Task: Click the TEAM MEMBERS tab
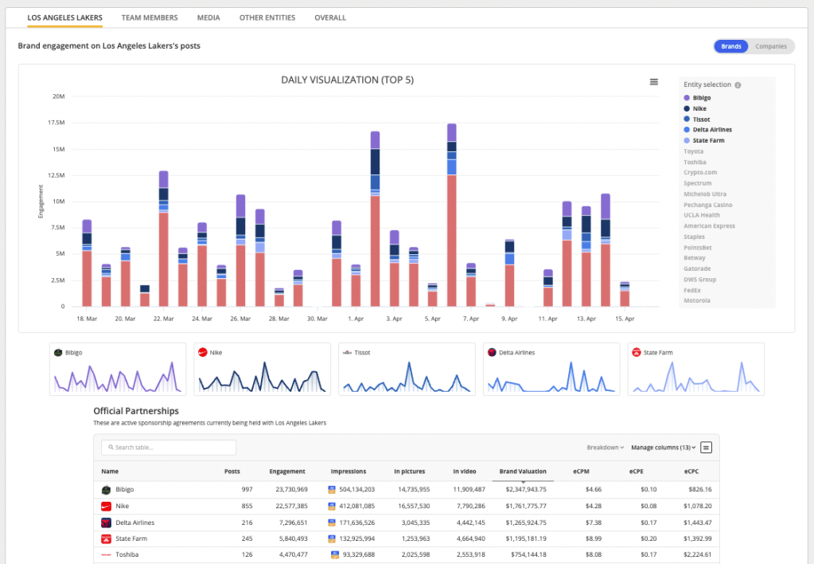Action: (150, 18)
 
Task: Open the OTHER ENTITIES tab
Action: (267, 18)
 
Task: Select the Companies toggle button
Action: (770, 46)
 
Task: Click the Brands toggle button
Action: (730, 46)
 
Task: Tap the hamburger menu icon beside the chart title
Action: (654, 81)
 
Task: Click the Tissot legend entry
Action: (701, 119)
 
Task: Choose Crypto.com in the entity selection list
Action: (699, 172)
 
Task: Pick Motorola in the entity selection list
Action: (697, 301)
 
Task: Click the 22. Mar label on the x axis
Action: (163, 319)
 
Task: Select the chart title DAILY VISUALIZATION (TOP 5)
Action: (347, 80)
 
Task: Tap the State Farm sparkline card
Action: (695, 369)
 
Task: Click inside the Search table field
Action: (169, 448)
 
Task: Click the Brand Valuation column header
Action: (522, 472)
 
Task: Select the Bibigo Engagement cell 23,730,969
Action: (288, 489)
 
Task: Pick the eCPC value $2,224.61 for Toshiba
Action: (697, 555)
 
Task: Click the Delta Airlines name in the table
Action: (134, 523)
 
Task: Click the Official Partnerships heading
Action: (135, 411)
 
